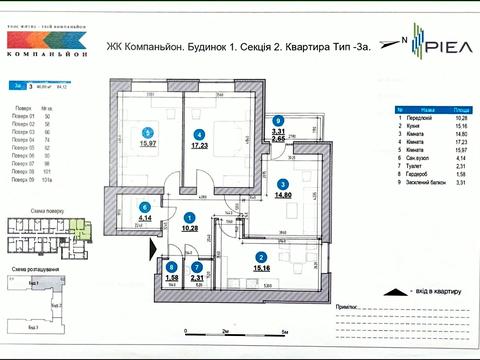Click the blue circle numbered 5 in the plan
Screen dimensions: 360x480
[147, 132]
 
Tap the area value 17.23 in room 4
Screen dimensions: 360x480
[200, 147]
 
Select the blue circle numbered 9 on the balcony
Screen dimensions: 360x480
[279, 120]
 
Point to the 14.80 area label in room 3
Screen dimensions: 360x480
[283, 196]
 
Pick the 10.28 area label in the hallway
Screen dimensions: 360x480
[189, 229]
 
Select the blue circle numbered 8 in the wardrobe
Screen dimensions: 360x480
[172, 266]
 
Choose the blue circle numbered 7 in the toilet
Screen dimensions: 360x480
[198, 266]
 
